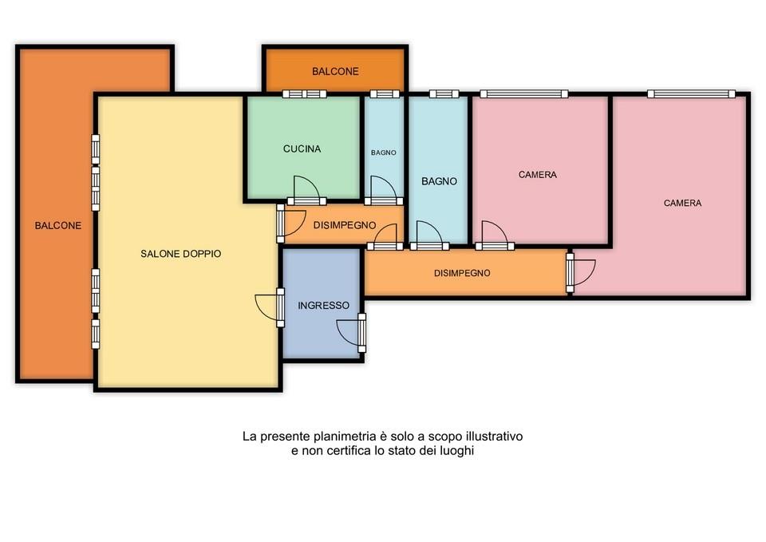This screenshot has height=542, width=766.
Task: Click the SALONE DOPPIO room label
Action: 181,254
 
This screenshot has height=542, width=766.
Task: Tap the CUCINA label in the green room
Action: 302,148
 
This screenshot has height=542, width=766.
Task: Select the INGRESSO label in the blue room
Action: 323,306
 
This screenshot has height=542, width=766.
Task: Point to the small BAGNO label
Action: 384,152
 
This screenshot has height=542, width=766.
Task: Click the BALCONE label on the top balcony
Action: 335,71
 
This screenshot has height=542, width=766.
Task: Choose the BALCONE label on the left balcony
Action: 57,225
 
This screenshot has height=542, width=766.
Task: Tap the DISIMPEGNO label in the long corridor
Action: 462,273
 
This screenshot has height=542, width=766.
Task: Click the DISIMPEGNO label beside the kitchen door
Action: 345,225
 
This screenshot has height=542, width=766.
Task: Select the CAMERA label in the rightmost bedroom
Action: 682,203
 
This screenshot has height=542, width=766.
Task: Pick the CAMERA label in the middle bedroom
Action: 537,175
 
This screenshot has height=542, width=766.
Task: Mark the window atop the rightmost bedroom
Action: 691,94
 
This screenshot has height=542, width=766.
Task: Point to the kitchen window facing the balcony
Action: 304,94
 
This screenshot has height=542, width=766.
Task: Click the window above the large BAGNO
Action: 444,94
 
